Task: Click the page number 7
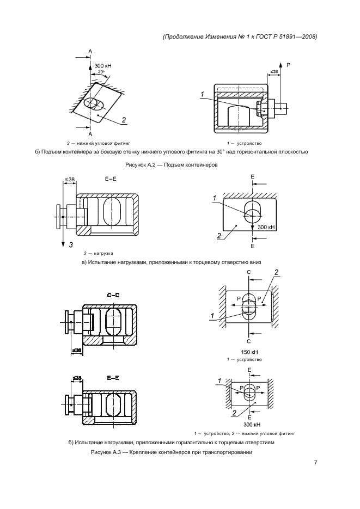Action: pos(315,463)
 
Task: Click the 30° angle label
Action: pos(101,72)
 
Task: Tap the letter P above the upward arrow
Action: pos(289,65)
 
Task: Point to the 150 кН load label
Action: pos(249,352)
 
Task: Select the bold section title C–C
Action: pos(113,296)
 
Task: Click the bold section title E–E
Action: pos(113,378)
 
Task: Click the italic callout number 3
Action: pos(71,245)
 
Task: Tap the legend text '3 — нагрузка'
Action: pos(98,253)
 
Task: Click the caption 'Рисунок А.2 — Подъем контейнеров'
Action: pos(172,165)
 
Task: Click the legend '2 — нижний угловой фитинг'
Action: pos(99,143)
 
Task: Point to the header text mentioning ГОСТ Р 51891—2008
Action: pos(240,36)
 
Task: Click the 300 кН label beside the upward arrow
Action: pos(103,66)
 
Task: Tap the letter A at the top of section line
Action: pos(90,51)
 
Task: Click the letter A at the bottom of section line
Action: pos(90,134)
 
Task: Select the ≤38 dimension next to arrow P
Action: pos(274,71)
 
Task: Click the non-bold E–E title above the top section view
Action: pos(111,179)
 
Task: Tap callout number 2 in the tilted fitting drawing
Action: pos(124,120)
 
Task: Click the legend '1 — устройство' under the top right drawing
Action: pos(245,143)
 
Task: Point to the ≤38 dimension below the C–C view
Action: pos(77,351)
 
